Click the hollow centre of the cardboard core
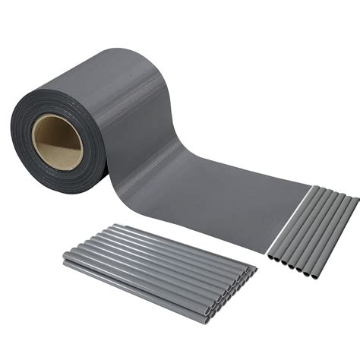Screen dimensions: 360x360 pyautogui.click(x=58, y=141)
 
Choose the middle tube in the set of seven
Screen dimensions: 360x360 pyautogui.click(x=312, y=231)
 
